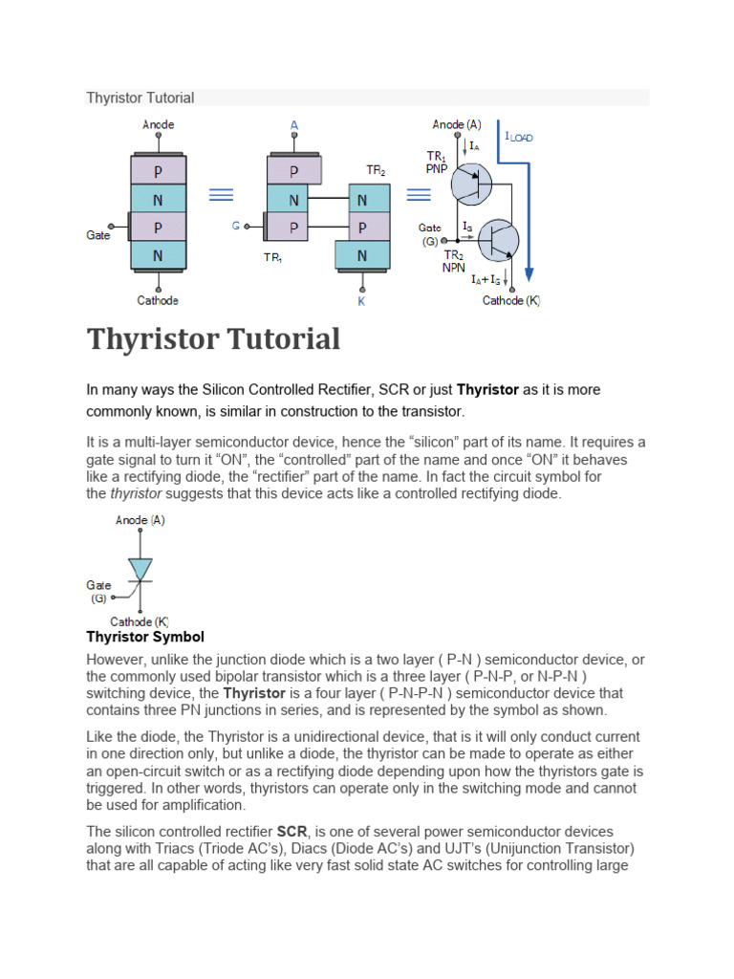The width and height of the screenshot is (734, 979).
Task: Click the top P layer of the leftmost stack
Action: click(x=158, y=170)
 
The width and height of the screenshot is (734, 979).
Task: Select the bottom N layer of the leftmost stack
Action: click(x=158, y=255)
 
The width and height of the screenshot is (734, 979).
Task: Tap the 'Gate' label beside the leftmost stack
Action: click(x=98, y=235)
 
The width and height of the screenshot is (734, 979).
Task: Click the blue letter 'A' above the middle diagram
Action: click(x=293, y=125)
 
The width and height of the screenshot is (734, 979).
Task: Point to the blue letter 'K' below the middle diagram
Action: click(x=361, y=301)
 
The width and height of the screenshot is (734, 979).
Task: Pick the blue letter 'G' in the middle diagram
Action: click(x=235, y=227)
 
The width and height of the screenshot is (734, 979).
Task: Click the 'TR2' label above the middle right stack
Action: click(x=376, y=170)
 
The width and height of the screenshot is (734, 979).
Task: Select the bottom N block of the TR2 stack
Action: click(x=362, y=255)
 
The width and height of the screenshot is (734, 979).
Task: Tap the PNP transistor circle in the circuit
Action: click(x=471, y=183)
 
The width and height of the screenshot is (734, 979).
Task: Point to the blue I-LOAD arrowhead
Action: click(x=529, y=266)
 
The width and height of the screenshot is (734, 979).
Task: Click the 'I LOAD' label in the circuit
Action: click(x=519, y=137)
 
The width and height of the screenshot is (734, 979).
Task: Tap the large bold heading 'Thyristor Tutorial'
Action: click(x=213, y=339)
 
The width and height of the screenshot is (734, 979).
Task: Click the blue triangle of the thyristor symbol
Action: click(x=140, y=570)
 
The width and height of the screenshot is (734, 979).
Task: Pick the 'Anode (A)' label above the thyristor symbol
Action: click(x=140, y=520)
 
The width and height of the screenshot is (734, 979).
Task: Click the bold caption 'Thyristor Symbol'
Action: click(x=145, y=637)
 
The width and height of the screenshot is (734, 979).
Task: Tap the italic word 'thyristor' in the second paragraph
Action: click(x=136, y=494)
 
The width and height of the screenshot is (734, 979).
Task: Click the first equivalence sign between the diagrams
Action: click(x=222, y=194)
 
